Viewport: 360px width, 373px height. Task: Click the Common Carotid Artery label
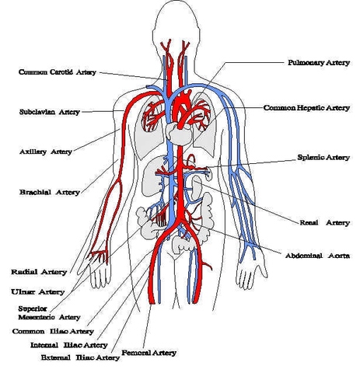(x=58, y=72)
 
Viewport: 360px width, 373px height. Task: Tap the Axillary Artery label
(x=45, y=152)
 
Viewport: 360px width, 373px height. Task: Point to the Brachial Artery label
(x=49, y=191)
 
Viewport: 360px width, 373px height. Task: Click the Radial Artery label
(x=38, y=272)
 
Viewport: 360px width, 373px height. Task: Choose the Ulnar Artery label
(x=38, y=291)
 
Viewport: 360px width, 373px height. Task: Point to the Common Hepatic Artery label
(x=306, y=107)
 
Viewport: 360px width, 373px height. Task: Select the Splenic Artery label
(x=323, y=157)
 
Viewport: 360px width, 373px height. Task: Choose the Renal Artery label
(x=324, y=222)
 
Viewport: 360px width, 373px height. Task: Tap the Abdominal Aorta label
(x=316, y=255)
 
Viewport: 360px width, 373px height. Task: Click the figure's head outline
(x=179, y=23)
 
